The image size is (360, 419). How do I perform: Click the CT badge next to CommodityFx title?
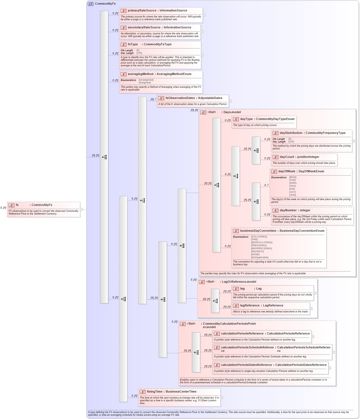tap(91, 4)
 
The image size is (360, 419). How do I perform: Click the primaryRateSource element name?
tap(142, 11)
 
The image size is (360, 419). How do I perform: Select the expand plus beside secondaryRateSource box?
tap(202, 32)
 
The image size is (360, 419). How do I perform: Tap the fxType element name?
tap(133, 44)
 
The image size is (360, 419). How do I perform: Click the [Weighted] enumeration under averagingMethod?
tap(145, 83)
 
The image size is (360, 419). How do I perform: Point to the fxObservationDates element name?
tap(180, 98)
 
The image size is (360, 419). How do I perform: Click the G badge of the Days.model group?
tap(203, 112)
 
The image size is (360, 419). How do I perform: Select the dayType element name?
tap(246, 119)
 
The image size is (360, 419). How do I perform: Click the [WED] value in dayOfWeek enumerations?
tap(293, 183)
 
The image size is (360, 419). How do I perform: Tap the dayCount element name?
tap(287, 157)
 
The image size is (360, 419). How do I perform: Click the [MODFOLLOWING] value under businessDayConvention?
tap(262, 243)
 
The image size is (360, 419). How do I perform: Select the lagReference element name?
tap(250, 306)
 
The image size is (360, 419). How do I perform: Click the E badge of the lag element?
tap(236, 289)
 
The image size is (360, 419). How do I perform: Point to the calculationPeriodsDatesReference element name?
tap(246, 365)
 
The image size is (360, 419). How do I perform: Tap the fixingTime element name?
tap(154, 392)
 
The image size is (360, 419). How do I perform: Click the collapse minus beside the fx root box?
tap(81, 209)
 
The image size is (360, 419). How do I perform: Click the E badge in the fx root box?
tap(11, 205)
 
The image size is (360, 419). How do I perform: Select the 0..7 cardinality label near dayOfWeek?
tap(266, 185)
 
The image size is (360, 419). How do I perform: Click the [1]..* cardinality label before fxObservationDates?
tap(153, 100)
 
